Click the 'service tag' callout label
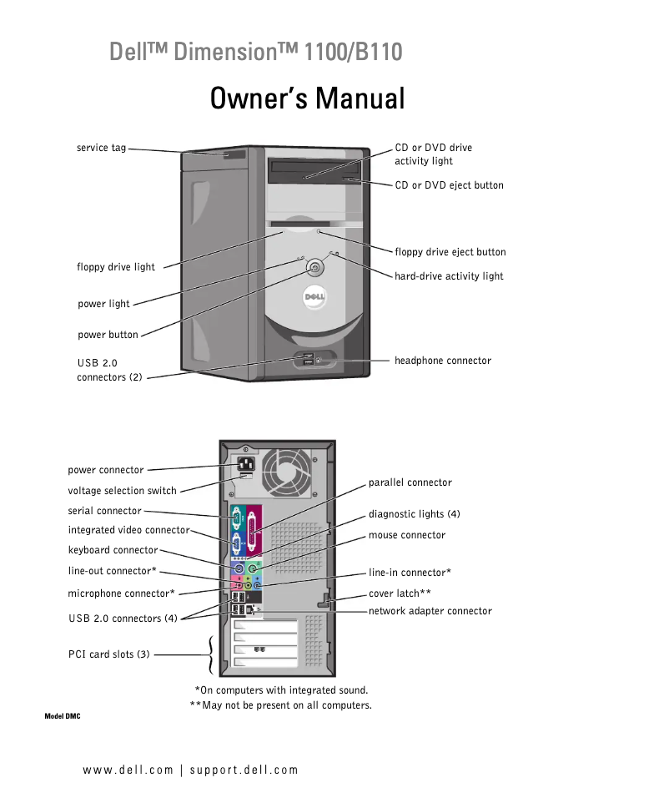coord(101,149)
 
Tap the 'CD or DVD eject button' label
coord(449,185)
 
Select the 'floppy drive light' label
coord(116,267)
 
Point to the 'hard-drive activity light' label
coord(449,276)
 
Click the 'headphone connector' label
coord(442,361)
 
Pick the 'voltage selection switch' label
coord(122,491)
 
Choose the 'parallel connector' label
coord(410,482)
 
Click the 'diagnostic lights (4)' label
coord(414,514)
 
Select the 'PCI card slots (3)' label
coord(108,654)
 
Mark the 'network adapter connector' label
coord(430,611)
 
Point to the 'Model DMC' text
coord(62,717)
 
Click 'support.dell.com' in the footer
coord(244,770)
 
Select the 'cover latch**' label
coord(400,593)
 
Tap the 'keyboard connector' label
coord(113,550)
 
